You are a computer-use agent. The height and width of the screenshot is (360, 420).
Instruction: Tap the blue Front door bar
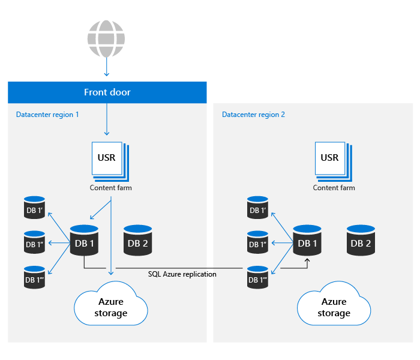(x=107, y=92)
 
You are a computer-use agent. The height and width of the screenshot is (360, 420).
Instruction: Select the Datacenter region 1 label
(x=47, y=114)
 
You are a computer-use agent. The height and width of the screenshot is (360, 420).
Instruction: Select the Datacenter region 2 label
(x=253, y=114)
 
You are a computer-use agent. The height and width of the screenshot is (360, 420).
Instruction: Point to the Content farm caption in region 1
(x=110, y=188)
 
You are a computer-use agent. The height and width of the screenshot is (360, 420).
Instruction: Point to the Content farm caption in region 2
(x=334, y=188)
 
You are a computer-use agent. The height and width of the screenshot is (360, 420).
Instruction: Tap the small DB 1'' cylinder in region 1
(x=35, y=242)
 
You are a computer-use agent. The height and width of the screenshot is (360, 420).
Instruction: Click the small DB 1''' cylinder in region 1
(x=35, y=277)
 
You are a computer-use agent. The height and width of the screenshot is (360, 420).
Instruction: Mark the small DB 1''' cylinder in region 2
(x=257, y=277)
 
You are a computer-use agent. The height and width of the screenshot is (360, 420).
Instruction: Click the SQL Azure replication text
(x=182, y=274)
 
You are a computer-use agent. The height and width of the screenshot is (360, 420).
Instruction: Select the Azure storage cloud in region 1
(x=110, y=307)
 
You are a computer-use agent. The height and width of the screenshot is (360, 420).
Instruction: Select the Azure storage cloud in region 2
(x=334, y=307)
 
